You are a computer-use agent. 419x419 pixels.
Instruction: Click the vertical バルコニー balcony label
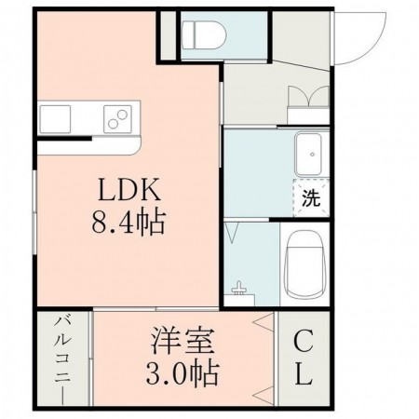click(63, 358)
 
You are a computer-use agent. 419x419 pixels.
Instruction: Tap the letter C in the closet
click(303, 342)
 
